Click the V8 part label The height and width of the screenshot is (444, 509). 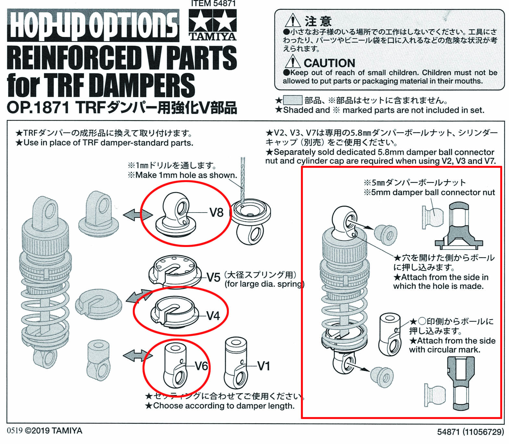[x=217, y=213]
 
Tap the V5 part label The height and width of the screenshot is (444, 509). [x=214, y=277]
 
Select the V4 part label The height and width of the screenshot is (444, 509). [x=213, y=316]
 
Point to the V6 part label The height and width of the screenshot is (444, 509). [x=201, y=366]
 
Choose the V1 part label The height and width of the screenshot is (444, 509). [x=264, y=366]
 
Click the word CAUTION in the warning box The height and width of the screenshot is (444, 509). [x=329, y=63]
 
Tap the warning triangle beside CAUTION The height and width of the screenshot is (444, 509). [x=292, y=62]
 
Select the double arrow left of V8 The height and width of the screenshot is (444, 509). [x=138, y=215]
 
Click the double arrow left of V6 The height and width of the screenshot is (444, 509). [x=138, y=355]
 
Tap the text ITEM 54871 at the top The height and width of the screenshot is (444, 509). [x=213, y=4]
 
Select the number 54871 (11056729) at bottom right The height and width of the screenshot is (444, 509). [x=470, y=432]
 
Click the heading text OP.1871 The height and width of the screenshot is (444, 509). [x=38, y=108]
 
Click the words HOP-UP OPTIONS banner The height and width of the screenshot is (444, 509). [x=93, y=25]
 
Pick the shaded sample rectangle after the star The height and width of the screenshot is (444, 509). [x=293, y=100]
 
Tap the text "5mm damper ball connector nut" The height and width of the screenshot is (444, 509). [x=433, y=192]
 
